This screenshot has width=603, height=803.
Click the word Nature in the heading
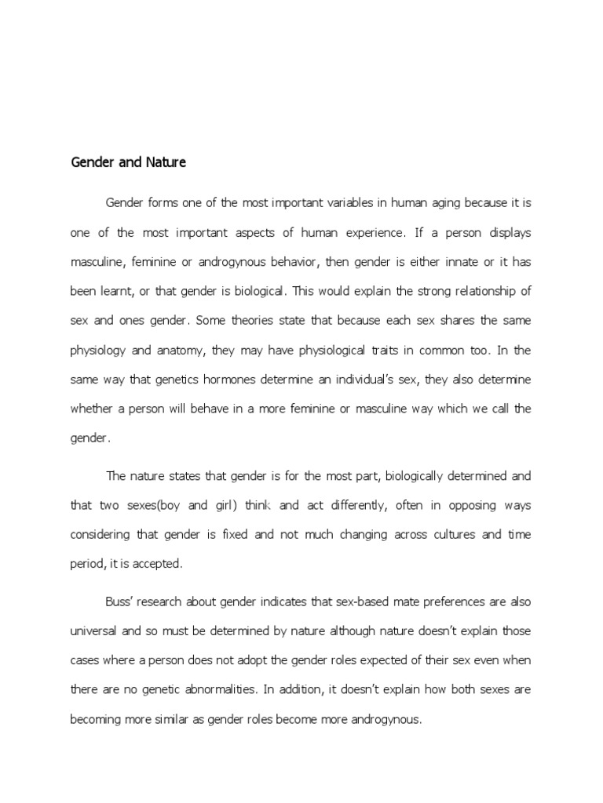(166, 163)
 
